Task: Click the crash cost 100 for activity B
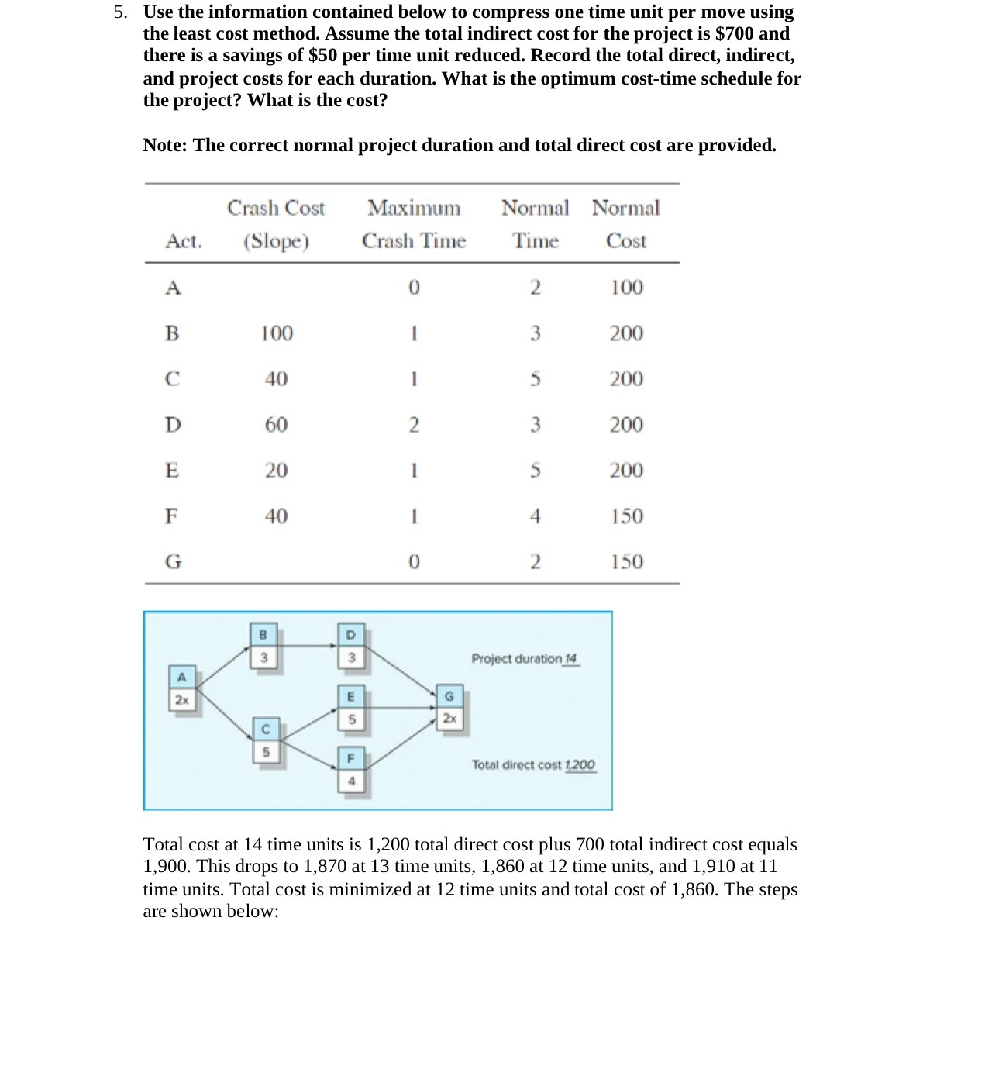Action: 276,333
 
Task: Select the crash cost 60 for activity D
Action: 276,425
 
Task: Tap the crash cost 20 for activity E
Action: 276,471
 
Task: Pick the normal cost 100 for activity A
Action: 626,288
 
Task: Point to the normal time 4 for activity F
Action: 535,516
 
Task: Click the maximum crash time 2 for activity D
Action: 414,425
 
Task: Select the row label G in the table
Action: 173,562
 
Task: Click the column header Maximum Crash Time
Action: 414,224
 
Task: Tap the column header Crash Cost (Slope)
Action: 276,224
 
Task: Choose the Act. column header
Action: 183,241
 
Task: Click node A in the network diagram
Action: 181,688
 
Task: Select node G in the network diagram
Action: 449,707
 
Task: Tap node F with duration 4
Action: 350,769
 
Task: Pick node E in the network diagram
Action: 350,708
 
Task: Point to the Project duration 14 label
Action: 525,659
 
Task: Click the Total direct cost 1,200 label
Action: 534,765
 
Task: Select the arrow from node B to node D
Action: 306,645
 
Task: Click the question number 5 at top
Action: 120,12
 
